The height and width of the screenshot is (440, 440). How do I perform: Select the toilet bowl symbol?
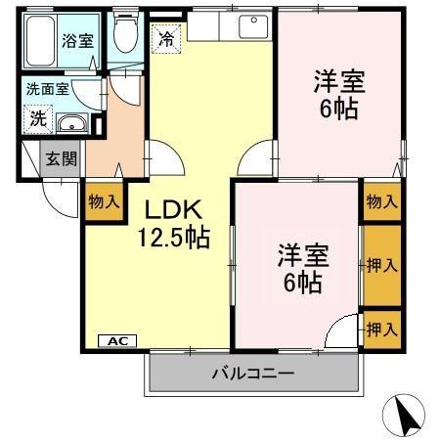(123, 35)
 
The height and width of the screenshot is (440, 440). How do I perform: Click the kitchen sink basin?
(251, 24)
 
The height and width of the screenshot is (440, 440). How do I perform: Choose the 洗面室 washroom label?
(47, 89)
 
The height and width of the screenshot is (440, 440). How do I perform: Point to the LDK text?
(174, 209)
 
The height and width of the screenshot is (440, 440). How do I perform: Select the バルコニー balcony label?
(253, 373)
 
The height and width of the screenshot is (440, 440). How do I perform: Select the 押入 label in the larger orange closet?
(381, 265)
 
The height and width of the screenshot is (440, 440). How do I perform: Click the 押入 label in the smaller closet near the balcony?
(381, 329)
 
